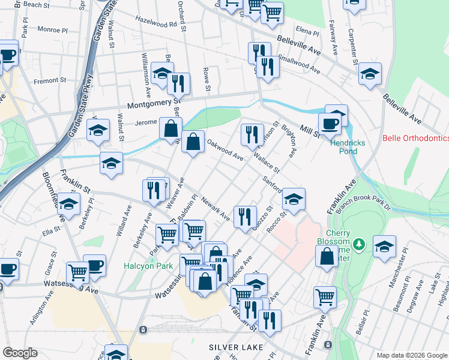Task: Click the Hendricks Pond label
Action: (x=344, y=146)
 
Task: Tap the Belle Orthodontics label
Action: (x=415, y=139)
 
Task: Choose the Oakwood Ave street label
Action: (x=225, y=150)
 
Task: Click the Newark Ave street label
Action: (x=215, y=208)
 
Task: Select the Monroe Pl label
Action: (x=53, y=29)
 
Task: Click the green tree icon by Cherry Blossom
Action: (x=359, y=244)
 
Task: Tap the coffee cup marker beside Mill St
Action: (x=329, y=124)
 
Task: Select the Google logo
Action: (x=20, y=353)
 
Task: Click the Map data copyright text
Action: (x=411, y=355)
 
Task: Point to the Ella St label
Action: (x=51, y=229)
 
